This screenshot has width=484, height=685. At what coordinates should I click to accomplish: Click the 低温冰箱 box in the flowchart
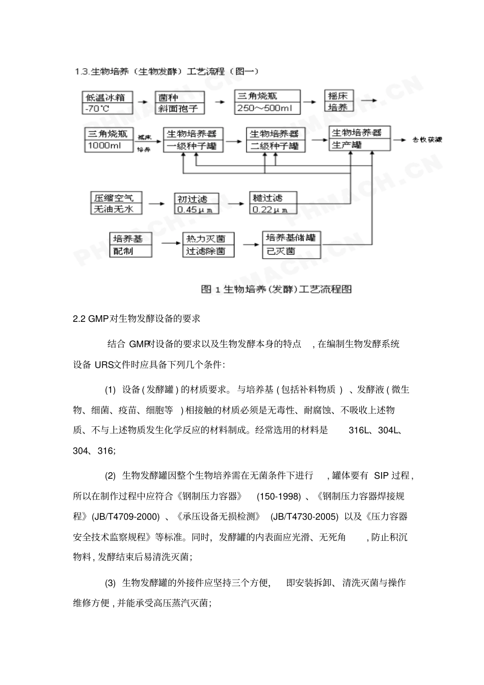click(107, 102)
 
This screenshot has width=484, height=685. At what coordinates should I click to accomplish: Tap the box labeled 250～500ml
click(267, 102)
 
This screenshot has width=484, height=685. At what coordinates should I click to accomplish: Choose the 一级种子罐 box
click(192, 140)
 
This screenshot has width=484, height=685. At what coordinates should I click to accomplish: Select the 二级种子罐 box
click(276, 140)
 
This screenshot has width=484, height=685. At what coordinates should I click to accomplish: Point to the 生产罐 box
click(360, 139)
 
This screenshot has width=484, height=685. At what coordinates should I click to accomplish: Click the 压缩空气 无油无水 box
click(116, 203)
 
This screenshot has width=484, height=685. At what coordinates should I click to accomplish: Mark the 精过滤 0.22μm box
click(273, 203)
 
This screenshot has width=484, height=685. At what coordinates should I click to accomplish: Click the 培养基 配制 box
click(131, 244)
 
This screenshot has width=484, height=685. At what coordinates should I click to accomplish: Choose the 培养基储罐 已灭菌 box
click(292, 244)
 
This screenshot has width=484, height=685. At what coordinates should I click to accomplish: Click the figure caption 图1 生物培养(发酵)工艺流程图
click(276, 289)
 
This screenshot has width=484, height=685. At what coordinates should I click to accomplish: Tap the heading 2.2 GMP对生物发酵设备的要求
click(137, 319)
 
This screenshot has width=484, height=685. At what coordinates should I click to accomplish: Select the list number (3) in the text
click(110, 583)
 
